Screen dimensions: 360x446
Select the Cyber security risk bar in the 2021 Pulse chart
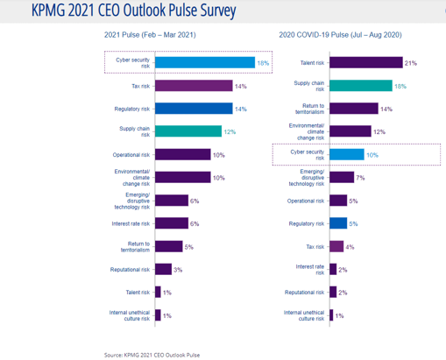click(x=205, y=62)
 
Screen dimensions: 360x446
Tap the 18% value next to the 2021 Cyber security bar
click(x=263, y=62)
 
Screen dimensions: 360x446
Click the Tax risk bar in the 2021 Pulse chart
click(x=194, y=86)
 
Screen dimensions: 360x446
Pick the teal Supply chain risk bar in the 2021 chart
click(x=188, y=131)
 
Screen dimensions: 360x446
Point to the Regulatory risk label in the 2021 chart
click(x=132, y=109)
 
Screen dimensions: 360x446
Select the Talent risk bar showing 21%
click(x=365, y=62)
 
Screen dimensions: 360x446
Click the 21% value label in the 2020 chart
click(x=411, y=62)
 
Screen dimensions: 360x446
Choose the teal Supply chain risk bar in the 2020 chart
click(x=359, y=86)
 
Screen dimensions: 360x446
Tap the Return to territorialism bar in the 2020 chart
click(x=353, y=109)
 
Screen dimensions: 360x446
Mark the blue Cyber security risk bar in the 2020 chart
click(x=346, y=154)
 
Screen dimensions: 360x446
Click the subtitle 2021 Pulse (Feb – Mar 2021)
click(x=150, y=35)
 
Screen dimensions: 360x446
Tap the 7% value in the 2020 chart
click(x=360, y=177)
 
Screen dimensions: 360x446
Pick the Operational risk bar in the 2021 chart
click(x=183, y=154)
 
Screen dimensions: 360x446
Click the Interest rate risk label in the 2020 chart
click(x=308, y=269)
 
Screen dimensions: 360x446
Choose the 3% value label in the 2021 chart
click(x=178, y=269)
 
